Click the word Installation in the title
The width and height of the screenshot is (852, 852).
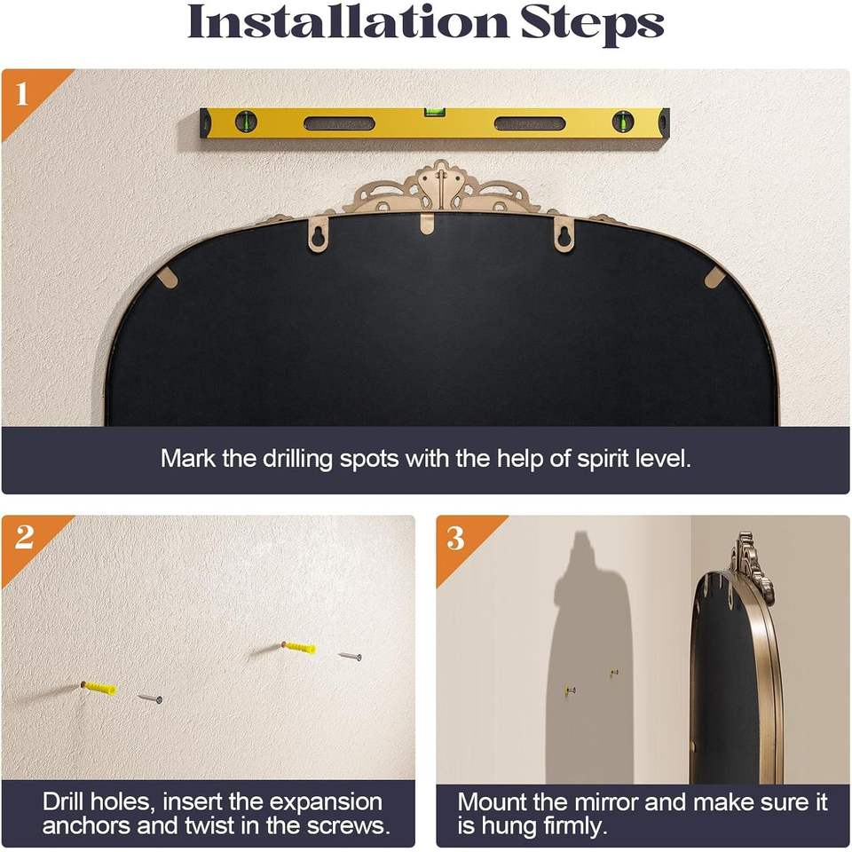(348, 22)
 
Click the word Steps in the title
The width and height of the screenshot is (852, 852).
(592, 25)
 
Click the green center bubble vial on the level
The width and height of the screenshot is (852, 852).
(435, 112)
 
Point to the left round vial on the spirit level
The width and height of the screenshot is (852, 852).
(246, 122)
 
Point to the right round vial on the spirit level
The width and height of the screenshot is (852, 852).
(623, 122)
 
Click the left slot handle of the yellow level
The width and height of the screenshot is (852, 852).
(340, 123)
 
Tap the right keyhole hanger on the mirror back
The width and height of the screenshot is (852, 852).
(564, 234)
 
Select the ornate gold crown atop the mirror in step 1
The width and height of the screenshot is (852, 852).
(441, 188)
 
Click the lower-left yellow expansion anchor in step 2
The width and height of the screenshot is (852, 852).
(100, 689)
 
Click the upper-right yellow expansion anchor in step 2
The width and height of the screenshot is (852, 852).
(299, 647)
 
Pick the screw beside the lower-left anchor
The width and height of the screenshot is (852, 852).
(151, 698)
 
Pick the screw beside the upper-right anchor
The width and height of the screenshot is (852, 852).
(350, 657)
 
